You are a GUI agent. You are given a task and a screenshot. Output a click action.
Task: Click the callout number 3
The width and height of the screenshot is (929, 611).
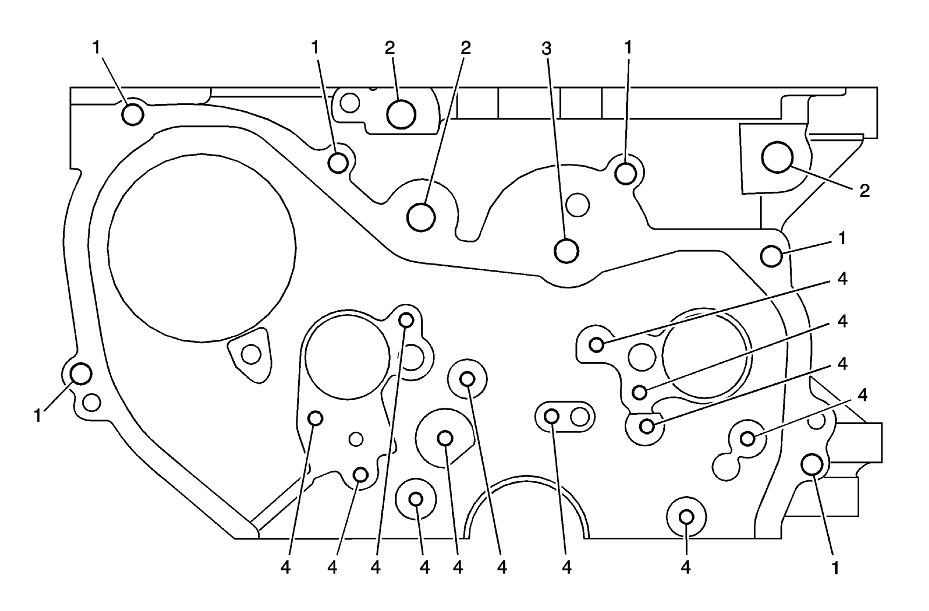point(546,48)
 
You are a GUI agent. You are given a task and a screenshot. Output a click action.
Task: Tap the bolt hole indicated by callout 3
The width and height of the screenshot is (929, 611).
point(566,251)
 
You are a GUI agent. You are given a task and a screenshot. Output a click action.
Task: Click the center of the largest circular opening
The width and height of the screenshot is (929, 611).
point(202,247)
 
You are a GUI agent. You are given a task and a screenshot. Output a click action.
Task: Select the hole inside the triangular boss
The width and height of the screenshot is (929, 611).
point(251,354)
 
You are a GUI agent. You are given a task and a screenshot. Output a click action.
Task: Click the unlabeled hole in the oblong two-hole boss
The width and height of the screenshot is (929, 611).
point(580,417)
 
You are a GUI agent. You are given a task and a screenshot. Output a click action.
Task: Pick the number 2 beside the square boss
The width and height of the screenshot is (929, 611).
point(864,191)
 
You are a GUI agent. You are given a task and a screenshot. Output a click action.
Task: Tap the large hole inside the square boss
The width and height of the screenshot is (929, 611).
point(777,157)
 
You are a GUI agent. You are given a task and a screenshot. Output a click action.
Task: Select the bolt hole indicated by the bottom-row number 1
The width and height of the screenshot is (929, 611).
point(812,464)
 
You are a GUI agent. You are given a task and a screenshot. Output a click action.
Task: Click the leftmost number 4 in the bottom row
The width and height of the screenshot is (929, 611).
point(286,568)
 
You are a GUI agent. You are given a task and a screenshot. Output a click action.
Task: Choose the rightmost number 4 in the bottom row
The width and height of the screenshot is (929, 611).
point(686,568)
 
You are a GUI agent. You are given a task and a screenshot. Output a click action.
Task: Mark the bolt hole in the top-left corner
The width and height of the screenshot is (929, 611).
point(133,115)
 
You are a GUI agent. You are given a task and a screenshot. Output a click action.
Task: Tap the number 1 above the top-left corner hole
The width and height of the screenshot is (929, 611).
point(96,48)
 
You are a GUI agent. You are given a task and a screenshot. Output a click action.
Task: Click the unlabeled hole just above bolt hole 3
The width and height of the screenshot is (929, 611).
point(578,205)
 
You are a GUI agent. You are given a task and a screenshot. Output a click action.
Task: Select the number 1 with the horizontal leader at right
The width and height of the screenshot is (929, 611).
point(842,239)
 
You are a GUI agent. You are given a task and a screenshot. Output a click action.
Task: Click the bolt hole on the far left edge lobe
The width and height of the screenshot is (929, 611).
point(81,374)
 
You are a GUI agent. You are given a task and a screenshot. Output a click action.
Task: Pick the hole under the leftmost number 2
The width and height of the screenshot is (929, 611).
point(401,114)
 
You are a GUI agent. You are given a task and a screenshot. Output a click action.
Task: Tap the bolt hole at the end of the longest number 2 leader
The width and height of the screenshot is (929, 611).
point(421,217)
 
